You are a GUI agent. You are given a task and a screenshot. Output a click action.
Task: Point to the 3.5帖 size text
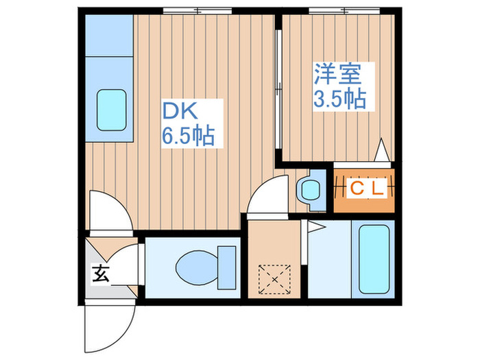pyautogui.click(x=338, y=99)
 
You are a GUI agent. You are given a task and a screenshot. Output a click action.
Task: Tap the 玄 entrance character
pyautogui.click(x=101, y=274)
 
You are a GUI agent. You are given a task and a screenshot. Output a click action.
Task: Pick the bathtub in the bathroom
pyautogui.click(x=374, y=259)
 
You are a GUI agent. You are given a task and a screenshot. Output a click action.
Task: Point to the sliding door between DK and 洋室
pyautogui.click(x=278, y=88)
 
